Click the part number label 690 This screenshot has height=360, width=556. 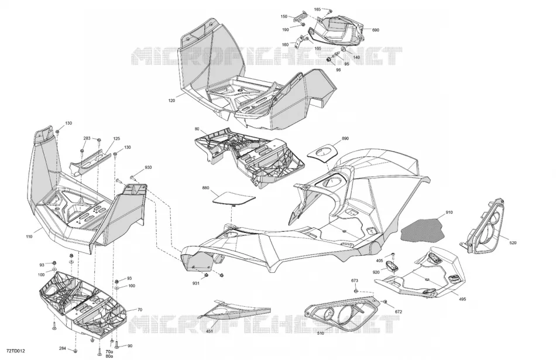(x=376, y=30)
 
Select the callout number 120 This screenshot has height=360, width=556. (x=171, y=101)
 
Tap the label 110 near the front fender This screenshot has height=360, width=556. (x=29, y=236)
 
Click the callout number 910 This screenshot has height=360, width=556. (x=449, y=212)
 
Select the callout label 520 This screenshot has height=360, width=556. (x=513, y=243)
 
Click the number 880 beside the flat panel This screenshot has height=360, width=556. (x=205, y=188)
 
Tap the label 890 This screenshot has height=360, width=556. (x=345, y=139)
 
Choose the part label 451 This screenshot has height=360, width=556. (x=210, y=332)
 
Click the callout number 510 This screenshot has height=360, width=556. (x=320, y=334)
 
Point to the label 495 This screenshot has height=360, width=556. (x=462, y=299)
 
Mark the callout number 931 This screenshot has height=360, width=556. (x=195, y=283)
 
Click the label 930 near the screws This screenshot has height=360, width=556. (x=148, y=167)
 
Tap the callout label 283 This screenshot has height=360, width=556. (x=87, y=138)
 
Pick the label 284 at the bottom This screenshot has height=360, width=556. (x=63, y=348)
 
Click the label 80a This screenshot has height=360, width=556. (x=109, y=356)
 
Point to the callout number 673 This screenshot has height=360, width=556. (x=355, y=280)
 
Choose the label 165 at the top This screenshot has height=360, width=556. (x=317, y=9)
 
